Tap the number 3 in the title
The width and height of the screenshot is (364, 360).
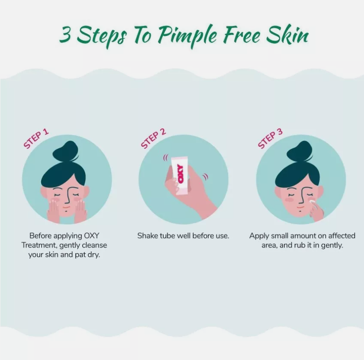click(x=65, y=34)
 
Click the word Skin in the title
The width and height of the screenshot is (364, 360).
click(x=287, y=34)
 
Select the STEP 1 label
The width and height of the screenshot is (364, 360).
click(x=36, y=138)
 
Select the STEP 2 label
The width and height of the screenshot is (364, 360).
click(x=154, y=138)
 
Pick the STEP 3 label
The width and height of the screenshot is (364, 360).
click(x=270, y=138)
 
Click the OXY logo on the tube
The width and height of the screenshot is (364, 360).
click(x=180, y=174)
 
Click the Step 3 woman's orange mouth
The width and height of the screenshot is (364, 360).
click(x=300, y=207)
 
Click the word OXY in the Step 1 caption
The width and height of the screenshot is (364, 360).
click(x=91, y=235)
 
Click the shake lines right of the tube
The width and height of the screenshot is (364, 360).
click(x=205, y=177)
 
